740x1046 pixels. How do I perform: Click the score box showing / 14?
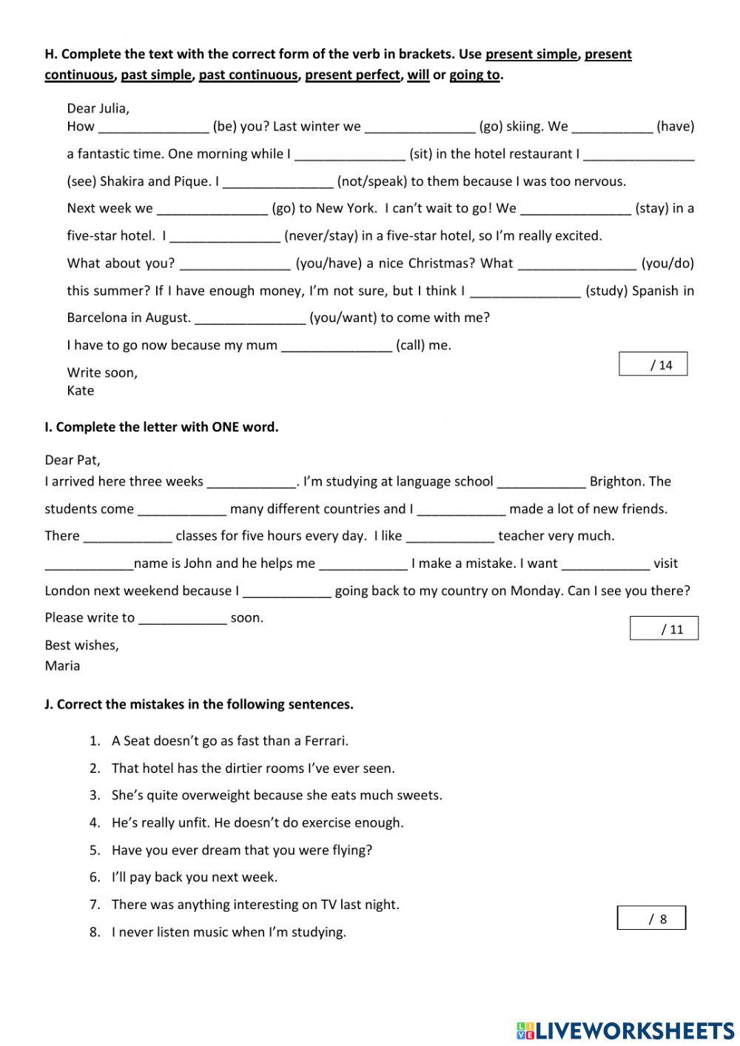pyautogui.click(x=653, y=364)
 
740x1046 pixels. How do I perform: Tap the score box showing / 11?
pyautogui.click(x=664, y=628)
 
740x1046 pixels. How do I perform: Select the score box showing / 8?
pyautogui.click(x=651, y=919)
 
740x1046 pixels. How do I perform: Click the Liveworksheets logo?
pyautogui.click(x=625, y=1030)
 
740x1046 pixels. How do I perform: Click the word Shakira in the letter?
pyautogui.click(x=122, y=181)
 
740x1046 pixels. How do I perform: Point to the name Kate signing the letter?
pyautogui.click(x=81, y=391)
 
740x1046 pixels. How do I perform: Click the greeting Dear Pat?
pyautogui.click(x=73, y=460)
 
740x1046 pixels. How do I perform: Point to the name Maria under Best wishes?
pyautogui.click(x=62, y=666)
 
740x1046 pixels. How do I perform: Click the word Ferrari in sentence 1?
pyautogui.click(x=325, y=741)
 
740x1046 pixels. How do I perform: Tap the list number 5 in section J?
pyautogui.click(x=95, y=851)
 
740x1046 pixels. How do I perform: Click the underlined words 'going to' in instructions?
pyautogui.click(x=474, y=75)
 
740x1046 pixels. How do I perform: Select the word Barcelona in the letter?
pyautogui.click(x=98, y=318)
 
